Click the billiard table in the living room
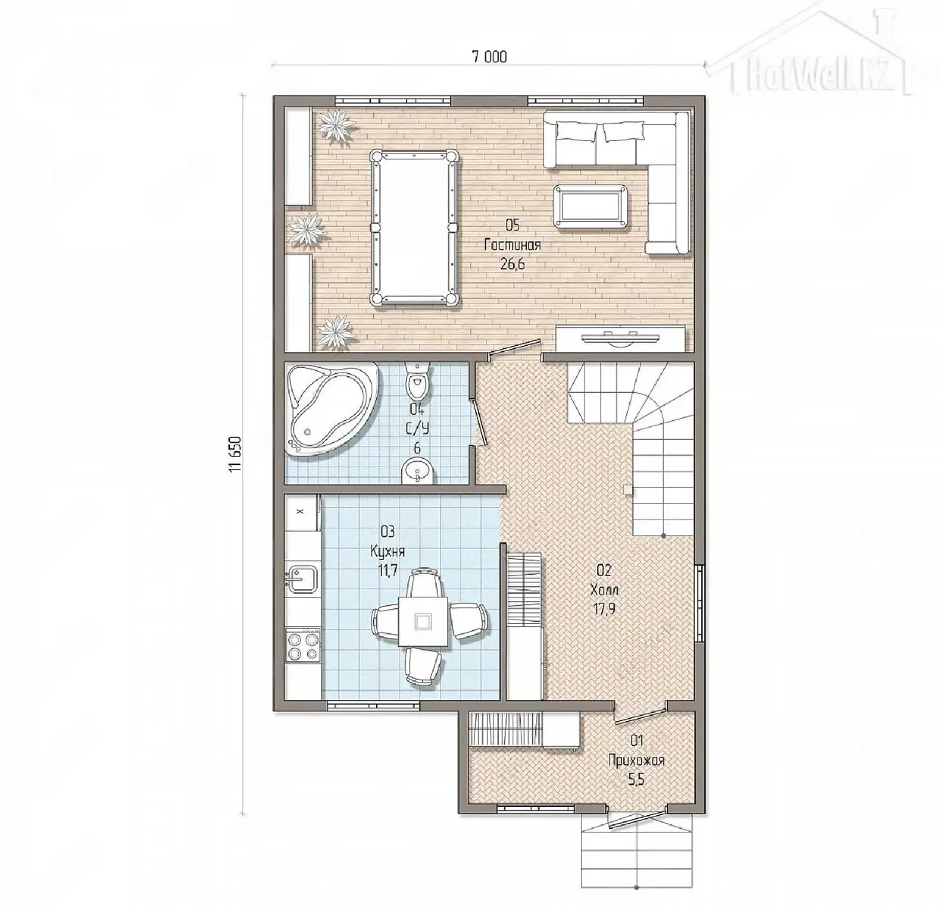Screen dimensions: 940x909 [413, 227]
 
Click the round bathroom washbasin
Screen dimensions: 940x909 [417, 470]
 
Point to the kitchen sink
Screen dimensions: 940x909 [300, 578]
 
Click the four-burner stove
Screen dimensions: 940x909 [303, 646]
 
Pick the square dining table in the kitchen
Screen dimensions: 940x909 [424, 621]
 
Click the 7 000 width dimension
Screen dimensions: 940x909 [489, 57]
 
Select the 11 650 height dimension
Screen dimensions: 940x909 [236, 454]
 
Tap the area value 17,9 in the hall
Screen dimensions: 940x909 [604, 609]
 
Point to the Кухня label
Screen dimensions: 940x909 [388, 551]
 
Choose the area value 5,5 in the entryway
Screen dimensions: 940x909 [637, 779]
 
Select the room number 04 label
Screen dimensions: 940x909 [416, 409]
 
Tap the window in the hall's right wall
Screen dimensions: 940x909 [699, 603]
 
